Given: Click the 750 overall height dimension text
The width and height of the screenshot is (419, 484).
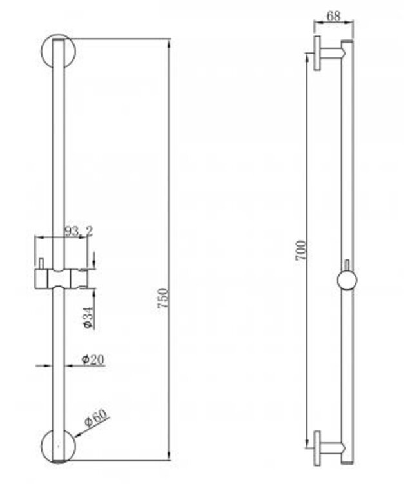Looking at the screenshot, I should tap(164, 301).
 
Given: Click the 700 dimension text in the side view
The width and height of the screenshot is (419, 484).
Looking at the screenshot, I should tap(301, 250).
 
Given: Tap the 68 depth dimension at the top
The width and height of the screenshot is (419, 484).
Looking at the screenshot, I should tap(333, 16).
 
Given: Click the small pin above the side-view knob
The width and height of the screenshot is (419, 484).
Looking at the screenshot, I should tap(347, 266).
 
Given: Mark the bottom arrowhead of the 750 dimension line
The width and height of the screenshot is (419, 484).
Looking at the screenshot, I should tap(169, 458).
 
